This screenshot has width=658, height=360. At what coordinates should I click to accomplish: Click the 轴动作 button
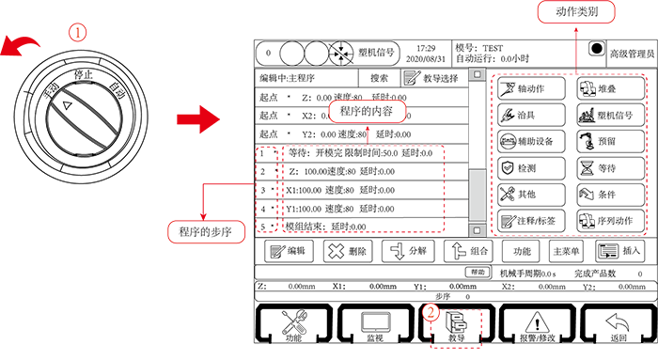tap(531, 90)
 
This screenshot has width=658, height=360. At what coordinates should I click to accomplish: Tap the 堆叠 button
tap(612, 90)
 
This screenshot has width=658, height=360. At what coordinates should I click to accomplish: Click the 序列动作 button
tap(612, 220)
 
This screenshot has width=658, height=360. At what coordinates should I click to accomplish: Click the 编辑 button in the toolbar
tap(290, 251)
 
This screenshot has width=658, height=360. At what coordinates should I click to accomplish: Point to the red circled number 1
tap(79, 32)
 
